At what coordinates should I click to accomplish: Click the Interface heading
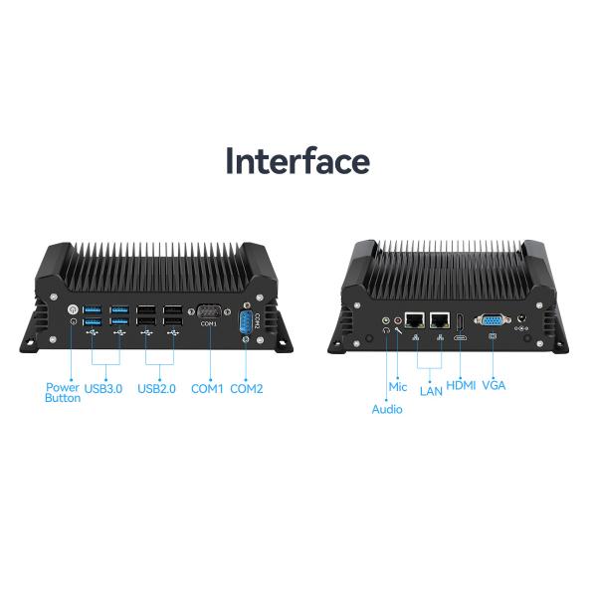[298, 161]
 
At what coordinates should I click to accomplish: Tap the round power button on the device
[73, 309]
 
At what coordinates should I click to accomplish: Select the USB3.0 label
[103, 389]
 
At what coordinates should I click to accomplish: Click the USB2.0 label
[156, 389]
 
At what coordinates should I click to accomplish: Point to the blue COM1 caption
[207, 389]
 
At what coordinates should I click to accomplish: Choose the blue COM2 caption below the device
[247, 389]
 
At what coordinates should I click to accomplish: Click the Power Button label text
[63, 393]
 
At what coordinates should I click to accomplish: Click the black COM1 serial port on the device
[209, 311]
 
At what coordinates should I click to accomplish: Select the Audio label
[387, 409]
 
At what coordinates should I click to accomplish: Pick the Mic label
[398, 387]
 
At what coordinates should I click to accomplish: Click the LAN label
[431, 391]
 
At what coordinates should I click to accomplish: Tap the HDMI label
[461, 385]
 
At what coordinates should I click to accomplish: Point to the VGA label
[494, 385]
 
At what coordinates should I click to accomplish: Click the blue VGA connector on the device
[493, 320]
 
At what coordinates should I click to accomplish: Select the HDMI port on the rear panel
[461, 322]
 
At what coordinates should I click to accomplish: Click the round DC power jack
[521, 318]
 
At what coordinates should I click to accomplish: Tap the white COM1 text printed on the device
[209, 323]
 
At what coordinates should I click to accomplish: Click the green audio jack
[386, 320]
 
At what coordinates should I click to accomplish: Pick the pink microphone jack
[398, 320]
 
